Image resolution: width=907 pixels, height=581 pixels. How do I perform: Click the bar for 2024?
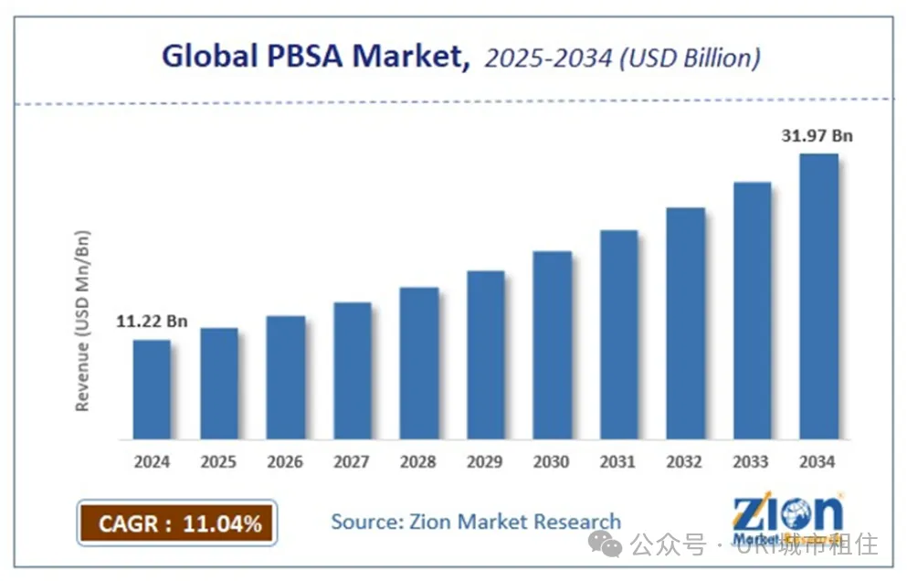(152, 389)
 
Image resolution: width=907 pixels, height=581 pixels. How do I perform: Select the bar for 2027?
(353, 370)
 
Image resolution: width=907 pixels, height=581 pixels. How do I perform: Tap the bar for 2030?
(552, 344)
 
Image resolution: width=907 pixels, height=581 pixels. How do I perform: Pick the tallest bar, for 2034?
(818, 296)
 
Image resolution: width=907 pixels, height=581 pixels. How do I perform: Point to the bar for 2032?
(685, 323)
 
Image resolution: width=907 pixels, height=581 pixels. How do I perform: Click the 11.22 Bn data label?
(153, 321)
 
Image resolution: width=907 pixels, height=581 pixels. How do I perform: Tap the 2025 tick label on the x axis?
(218, 461)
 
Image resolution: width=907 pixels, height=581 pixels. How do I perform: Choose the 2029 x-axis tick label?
(485, 461)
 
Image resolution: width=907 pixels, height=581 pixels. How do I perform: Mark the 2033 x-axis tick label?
(752, 461)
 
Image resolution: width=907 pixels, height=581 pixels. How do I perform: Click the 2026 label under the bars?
(285, 461)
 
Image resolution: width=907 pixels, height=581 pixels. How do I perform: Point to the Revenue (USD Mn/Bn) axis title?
(83, 320)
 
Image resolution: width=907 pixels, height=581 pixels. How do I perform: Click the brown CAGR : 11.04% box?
(176, 523)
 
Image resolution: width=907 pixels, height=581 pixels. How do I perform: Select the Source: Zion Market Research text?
(475, 522)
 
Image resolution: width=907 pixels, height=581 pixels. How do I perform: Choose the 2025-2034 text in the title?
(538, 58)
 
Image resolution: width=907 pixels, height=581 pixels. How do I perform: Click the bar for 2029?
(485, 354)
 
